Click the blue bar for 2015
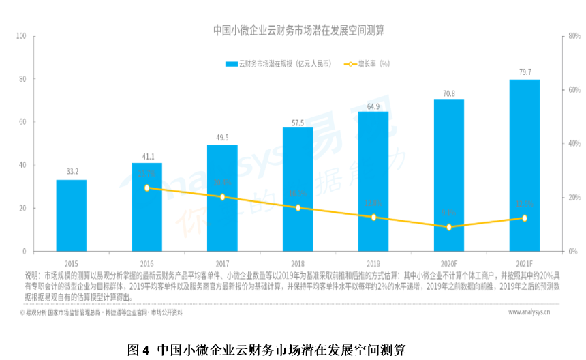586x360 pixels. (71, 215)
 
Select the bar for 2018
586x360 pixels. (298, 190)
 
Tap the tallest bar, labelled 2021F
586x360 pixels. (524, 166)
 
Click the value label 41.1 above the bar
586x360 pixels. (146, 156)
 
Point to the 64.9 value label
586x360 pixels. (373, 106)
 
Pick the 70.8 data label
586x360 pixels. (449, 93)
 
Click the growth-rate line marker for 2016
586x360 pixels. (146, 187)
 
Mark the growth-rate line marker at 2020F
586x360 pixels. (449, 227)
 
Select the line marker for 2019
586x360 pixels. (373, 217)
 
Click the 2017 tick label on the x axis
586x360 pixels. (222, 263)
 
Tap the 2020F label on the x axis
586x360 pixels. (449, 263)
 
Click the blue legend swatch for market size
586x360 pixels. (232, 64)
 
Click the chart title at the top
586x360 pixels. (298, 31)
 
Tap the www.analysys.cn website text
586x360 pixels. (529, 312)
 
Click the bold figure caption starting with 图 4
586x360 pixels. (266, 350)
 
